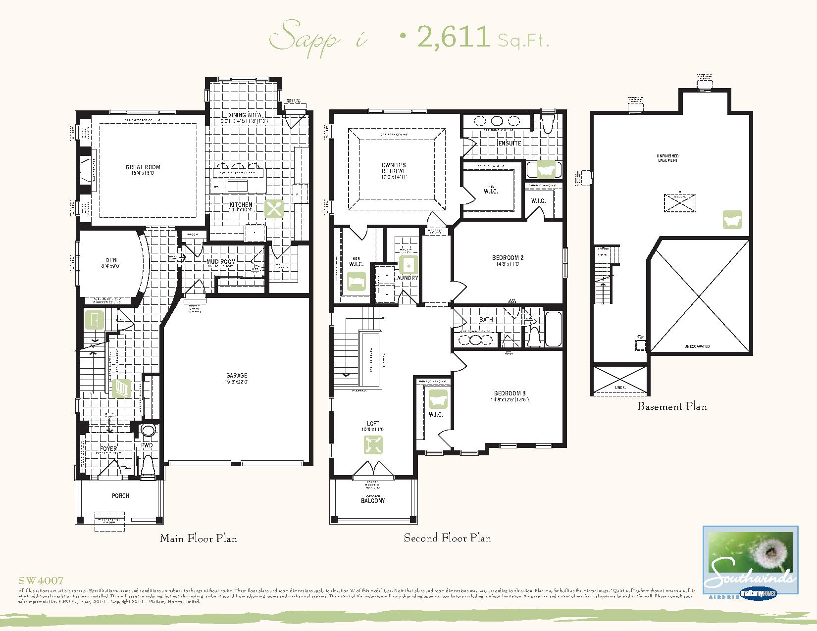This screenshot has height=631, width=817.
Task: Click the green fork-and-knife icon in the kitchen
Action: (273, 208)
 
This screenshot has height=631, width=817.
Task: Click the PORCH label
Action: (120, 495)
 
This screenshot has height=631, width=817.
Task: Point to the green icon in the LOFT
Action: (373, 445)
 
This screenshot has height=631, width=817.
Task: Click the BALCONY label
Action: (372, 500)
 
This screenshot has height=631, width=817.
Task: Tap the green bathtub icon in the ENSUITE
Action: (546, 170)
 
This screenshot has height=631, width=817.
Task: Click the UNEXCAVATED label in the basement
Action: (697, 346)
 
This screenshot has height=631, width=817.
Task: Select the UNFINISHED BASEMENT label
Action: (667, 158)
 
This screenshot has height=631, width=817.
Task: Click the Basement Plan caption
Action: (672, 406)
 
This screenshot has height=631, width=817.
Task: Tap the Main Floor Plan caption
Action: (198, 538)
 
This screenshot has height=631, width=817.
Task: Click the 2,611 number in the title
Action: (454, 36)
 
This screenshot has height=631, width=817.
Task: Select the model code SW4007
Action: (41, 581)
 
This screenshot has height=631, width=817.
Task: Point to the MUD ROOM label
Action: (221, 261)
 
